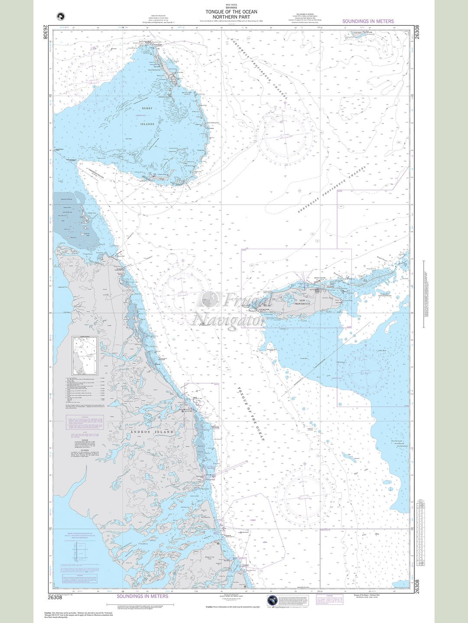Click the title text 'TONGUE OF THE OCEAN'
pos(231,12)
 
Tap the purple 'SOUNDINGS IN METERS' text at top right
pos(368,21)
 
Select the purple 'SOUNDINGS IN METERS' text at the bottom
pos(142,596)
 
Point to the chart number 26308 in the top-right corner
pos(417,32)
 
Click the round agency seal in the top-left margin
pos(60,16)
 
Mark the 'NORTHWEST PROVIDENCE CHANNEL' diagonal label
pos(259,69)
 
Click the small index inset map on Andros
pos(85,356)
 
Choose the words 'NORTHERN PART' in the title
pos(231,17)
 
